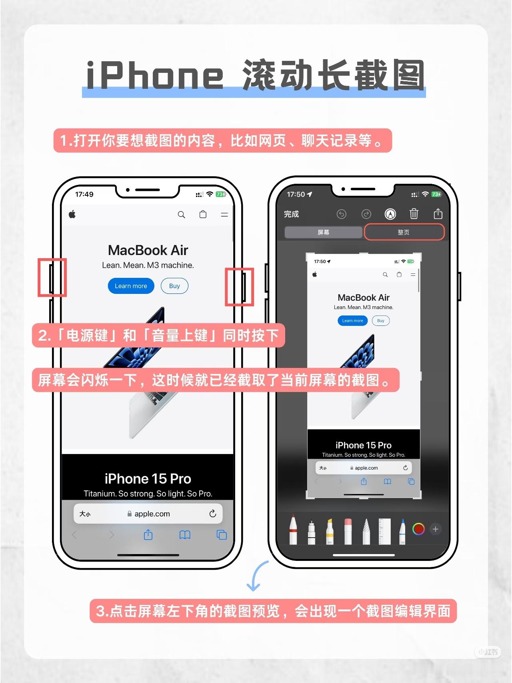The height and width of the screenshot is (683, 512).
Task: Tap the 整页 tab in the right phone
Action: coord(404,232)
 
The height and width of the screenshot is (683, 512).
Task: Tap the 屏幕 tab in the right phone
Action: coord(323,232)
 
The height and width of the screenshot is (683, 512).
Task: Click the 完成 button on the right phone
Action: coord(292,214)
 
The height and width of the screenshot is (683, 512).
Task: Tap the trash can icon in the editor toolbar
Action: coord(414,214)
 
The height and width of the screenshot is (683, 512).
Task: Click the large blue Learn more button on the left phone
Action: coord(131,286)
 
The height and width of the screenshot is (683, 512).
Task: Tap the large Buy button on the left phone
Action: coord(174,286)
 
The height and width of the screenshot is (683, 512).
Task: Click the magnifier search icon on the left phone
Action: coord(182,215)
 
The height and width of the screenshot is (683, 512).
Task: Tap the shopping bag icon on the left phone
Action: coord(203,214)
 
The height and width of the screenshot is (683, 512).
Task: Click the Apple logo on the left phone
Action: coord(72,214)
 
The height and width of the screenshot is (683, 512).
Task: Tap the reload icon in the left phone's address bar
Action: coord(213,513)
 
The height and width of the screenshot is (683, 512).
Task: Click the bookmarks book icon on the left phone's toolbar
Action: coord(185,535)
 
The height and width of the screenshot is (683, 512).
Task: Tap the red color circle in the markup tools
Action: coord(418,529)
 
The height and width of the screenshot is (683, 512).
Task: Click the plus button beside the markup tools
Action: coord(436,529)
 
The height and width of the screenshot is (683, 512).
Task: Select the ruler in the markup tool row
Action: coord(385,531)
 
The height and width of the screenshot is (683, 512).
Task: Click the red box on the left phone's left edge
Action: coord(52,277)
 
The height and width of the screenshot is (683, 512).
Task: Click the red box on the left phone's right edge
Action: coord(240,287)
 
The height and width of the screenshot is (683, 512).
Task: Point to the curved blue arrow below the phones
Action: coord(254,575)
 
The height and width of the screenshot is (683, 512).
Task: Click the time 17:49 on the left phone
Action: coord(84,194)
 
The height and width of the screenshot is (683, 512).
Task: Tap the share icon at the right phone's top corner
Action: coord(438,214)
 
